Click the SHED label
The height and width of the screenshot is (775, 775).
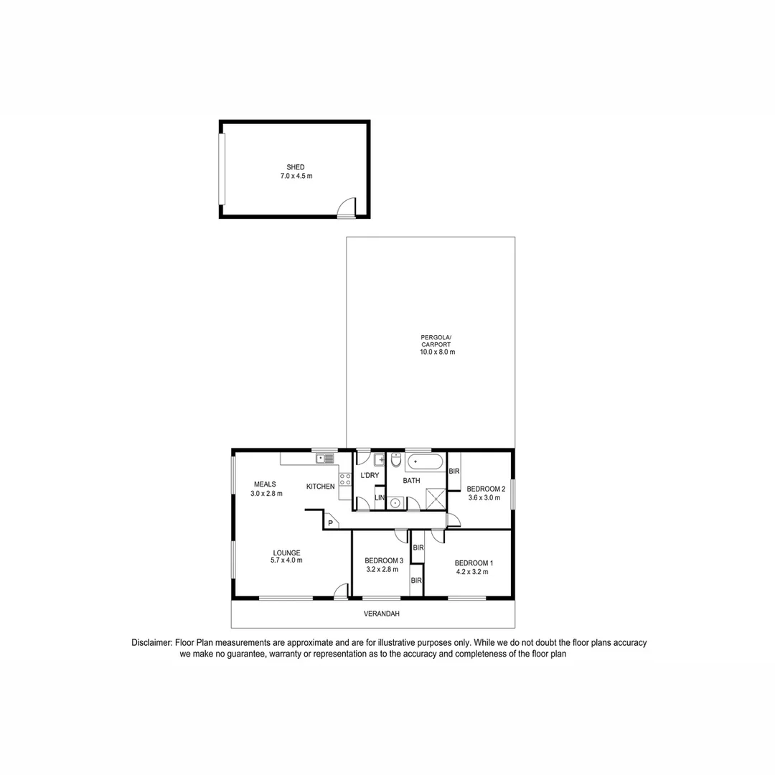[x=296, y=167]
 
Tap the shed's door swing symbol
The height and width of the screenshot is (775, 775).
[x=347, y=207]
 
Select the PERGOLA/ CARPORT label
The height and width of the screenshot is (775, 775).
[x=437, y=344]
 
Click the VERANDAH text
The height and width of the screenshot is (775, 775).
[x=381, y=614]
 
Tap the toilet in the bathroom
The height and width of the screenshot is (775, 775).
[x=396, y=460]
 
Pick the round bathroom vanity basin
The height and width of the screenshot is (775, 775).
[x=395, y=503]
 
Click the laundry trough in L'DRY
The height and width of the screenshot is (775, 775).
[x=380, y=459]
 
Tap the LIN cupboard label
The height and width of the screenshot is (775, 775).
[x=380, y=498]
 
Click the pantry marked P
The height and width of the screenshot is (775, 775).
[x=330, y=522]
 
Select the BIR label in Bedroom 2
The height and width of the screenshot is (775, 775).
[x=454, y=471]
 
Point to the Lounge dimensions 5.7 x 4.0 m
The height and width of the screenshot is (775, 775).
[x=286, y=560]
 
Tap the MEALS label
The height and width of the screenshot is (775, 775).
[x=264, y=484]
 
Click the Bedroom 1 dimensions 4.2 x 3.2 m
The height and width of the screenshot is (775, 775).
[x=472, y=572]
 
